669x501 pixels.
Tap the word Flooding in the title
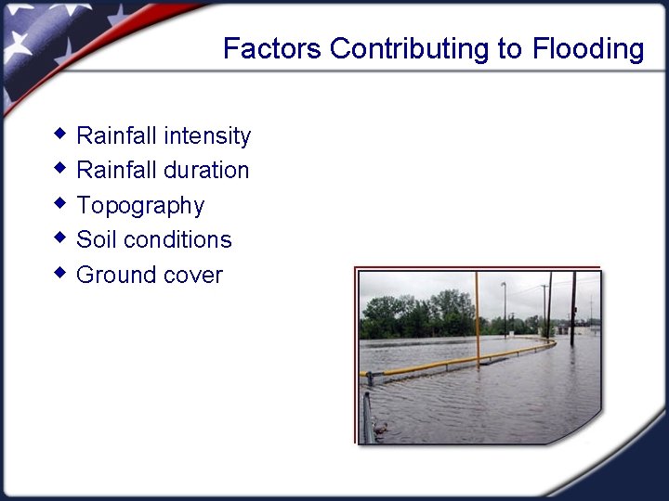588,48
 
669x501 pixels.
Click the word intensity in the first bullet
207,136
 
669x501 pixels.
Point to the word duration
206,171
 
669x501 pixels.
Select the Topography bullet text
140,206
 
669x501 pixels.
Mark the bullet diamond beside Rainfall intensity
60,134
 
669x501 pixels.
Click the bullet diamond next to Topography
60,203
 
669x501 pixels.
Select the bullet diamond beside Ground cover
60,273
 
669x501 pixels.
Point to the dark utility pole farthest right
573,306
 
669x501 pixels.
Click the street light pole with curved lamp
505,306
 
